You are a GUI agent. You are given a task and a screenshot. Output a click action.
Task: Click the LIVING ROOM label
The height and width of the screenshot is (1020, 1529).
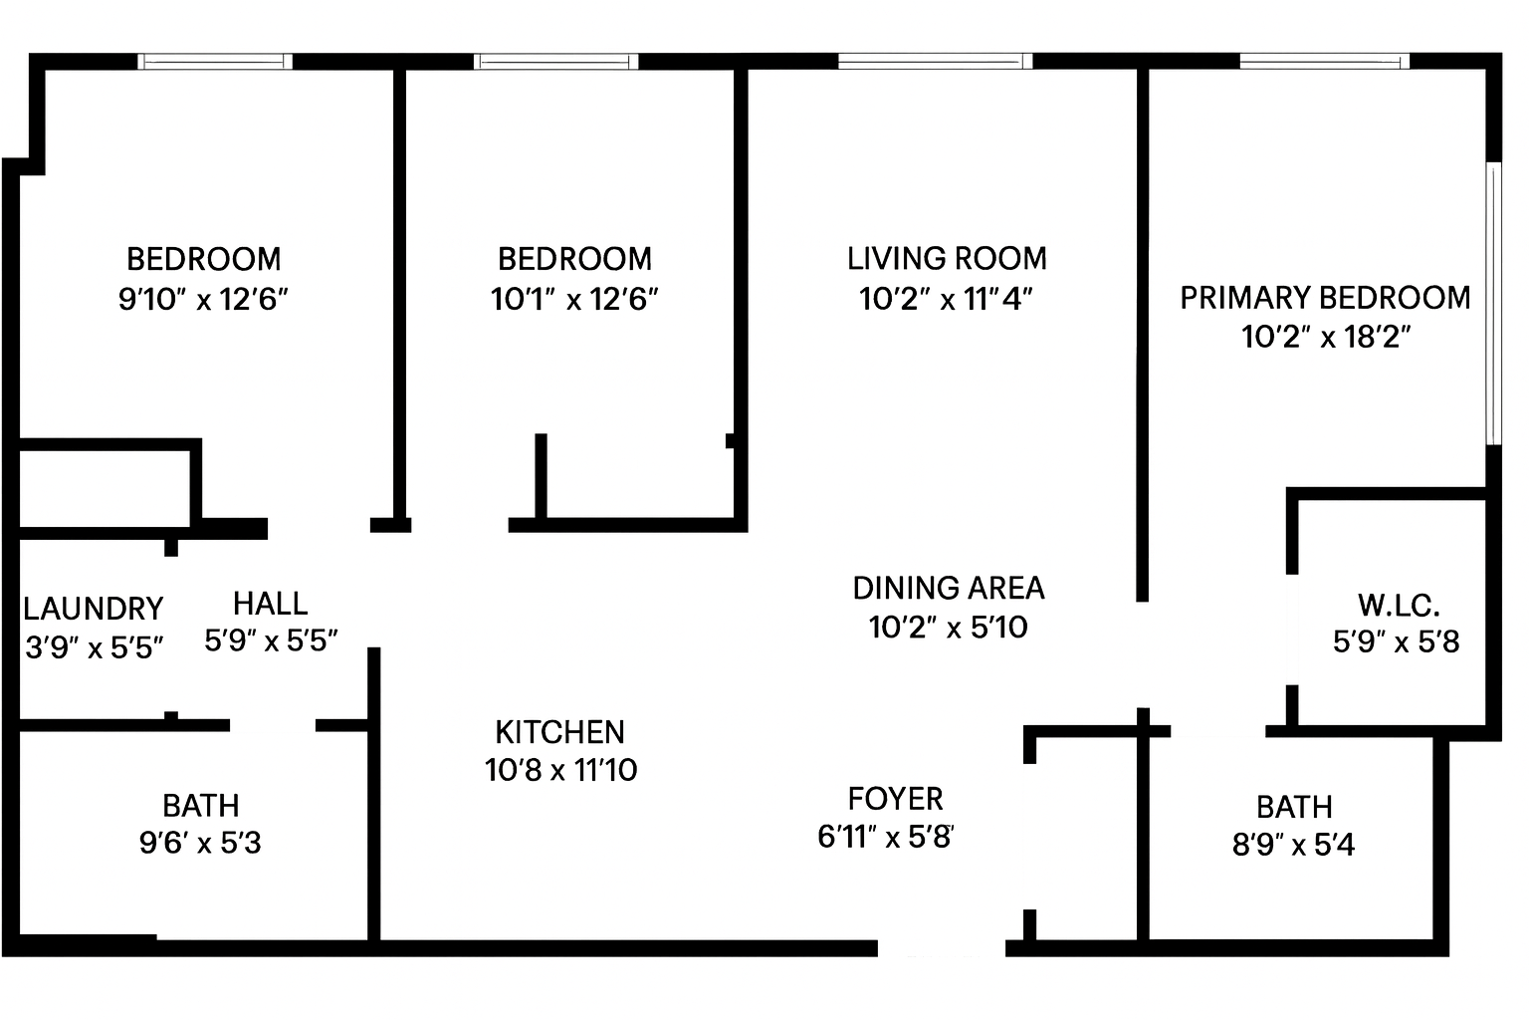[947, 259]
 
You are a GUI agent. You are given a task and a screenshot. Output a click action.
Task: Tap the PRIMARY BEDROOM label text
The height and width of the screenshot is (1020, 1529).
[1325, 298]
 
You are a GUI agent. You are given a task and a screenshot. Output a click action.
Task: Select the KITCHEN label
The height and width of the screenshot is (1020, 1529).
[559, 732]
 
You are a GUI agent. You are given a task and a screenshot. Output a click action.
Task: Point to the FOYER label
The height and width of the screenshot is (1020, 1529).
[895, 799]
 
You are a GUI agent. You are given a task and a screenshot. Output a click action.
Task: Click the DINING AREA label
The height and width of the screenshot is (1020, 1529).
[948, 589]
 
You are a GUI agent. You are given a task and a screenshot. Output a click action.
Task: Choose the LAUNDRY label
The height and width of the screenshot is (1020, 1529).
[94, 608]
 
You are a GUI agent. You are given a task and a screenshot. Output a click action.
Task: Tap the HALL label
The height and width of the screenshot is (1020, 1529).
[271, 604]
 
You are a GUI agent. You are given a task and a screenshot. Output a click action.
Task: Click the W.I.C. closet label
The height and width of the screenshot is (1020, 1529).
[1399, 606]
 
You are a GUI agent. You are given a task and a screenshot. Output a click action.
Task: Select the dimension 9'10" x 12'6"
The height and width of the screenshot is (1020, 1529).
[203, 299]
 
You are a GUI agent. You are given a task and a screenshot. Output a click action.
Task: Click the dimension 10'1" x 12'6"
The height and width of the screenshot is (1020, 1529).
[574, 299]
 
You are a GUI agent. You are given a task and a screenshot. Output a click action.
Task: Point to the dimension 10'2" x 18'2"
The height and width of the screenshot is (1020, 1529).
[1326, 338]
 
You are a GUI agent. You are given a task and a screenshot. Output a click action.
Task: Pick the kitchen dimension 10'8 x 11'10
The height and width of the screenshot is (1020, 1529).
[560, 770]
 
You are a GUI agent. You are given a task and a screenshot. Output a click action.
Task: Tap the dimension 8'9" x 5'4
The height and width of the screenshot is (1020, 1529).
[1293, 845]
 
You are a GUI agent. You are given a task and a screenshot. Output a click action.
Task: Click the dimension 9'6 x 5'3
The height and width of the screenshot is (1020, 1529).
[200, 843]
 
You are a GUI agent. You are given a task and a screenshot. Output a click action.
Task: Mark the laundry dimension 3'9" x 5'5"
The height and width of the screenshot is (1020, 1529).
[95, 647]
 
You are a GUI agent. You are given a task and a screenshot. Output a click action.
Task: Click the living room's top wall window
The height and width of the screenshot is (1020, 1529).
[935, 62]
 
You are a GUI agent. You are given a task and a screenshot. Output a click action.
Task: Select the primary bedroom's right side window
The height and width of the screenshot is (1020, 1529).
[1493, 304]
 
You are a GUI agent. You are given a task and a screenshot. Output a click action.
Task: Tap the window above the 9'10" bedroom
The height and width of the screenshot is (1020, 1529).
[215, 62]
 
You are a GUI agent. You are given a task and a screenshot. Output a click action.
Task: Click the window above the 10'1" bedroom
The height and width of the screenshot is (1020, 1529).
[555, 62]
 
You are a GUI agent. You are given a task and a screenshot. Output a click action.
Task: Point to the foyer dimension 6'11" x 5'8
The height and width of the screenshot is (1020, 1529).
[885, 837]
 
